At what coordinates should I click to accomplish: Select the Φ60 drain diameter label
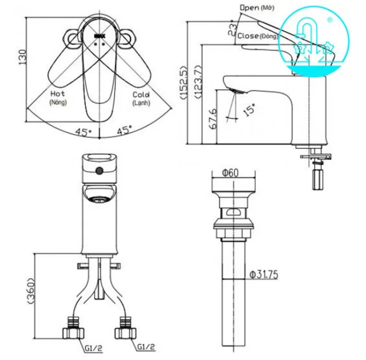click(230, 173)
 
